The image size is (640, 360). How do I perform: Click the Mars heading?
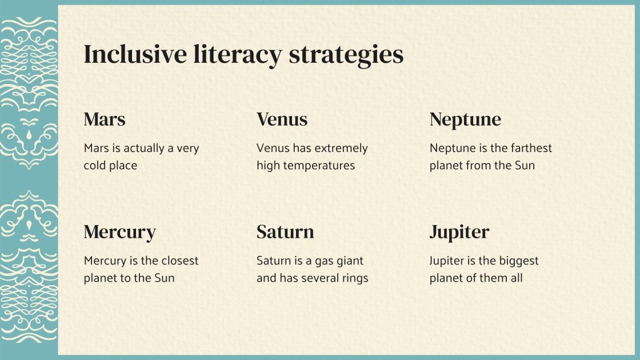(105, 119)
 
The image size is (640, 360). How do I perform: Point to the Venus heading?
(282, 119)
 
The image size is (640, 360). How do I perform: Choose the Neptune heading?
(465, 120)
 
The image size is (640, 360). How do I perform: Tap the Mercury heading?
(119, 233)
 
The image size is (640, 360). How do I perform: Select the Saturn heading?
(285, 232)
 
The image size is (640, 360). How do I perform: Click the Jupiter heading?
(459, 233)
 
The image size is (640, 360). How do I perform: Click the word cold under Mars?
(95, 166)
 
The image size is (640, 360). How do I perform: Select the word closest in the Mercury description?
(179, 261)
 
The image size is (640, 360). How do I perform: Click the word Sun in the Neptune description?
(524, 166)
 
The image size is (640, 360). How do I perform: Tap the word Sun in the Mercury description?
(163, 278)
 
